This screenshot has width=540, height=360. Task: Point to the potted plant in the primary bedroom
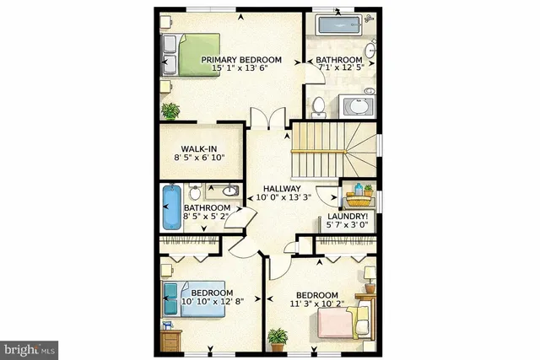pyautogui.click(x=171, y=110)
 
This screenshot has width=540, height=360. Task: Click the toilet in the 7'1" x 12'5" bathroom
pyautogui.click(x=319, y=105)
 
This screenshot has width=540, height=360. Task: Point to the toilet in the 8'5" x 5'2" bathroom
pyautogui.click(x=195, y=191)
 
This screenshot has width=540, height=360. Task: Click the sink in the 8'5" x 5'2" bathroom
pyautogui.click(x=224, y=191)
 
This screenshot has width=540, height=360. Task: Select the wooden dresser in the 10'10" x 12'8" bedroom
pyautogui.click(x=171, y=341)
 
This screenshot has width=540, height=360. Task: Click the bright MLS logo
pyautogui.click(x=30, y=347)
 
